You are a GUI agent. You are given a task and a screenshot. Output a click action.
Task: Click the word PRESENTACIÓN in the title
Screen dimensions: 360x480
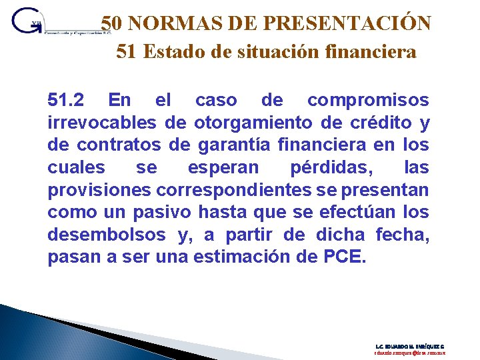(x=347, y=23)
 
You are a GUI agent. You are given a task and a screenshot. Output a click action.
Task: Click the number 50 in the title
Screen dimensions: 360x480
(x=111, y=23)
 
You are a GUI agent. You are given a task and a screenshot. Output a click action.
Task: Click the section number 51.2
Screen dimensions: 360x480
(x=66, y=101)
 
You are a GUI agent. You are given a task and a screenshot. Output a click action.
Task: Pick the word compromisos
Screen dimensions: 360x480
(x=368, y=101)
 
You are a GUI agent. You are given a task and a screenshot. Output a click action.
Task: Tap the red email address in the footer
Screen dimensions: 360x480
(x=409, y=353)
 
